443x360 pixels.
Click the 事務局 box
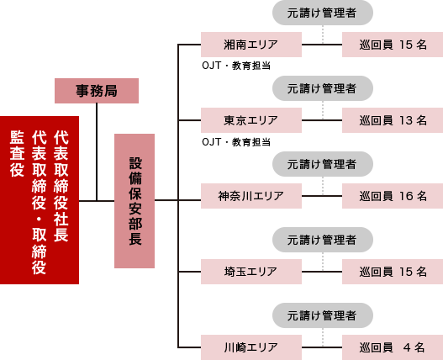97,91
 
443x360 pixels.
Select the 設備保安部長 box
134,201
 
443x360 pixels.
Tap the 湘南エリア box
251,45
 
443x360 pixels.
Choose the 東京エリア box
251,120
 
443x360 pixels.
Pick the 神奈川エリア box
251,196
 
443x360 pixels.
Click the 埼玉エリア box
251,272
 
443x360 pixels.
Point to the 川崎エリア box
251,347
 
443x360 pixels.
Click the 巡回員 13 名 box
393,120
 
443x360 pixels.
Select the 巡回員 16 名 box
393,196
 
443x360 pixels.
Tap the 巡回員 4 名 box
393,347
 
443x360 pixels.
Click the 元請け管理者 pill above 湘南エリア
323,13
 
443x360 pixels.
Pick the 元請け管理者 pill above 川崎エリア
323,315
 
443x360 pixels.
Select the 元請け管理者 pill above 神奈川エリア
323,164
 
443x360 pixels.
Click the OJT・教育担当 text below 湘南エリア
236,66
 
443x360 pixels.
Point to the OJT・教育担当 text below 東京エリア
236,141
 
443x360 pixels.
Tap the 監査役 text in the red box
17,154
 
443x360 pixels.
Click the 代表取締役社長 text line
61,186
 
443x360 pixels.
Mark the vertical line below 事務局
97,152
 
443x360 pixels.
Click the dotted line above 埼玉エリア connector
323,262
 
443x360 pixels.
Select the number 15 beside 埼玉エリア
406,272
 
